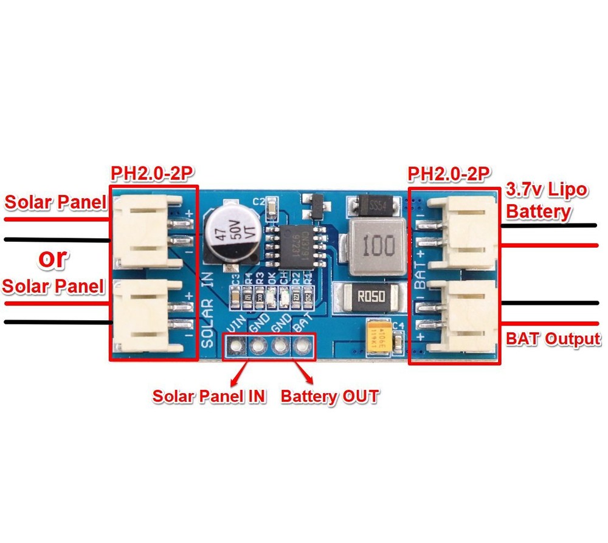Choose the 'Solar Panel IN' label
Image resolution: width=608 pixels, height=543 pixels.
[x=209, y=396]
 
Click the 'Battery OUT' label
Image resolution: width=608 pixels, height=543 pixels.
[x=330, y=396]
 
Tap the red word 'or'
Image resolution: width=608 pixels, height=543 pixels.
[x=52, y=258]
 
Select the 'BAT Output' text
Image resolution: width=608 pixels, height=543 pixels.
[x=553, y=339]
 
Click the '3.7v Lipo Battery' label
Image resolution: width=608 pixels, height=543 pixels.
[x=546, y=200]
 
